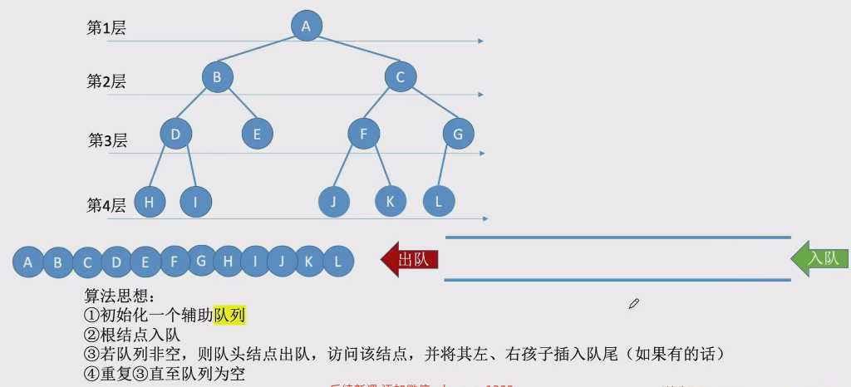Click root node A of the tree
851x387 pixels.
306,26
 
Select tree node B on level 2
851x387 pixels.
217,77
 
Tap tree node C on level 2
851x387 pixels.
400,77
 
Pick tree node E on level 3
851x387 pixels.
257,133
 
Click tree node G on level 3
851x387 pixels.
458,133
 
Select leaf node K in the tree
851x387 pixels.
391,200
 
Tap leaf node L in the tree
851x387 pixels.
438,200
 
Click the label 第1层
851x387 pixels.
106,27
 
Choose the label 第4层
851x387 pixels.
106,205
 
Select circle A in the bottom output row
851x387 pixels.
28,263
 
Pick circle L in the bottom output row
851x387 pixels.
337,262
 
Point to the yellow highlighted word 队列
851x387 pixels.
230,316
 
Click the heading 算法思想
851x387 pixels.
120,296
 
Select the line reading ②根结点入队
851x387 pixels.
132,335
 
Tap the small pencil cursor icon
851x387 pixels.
633,304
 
